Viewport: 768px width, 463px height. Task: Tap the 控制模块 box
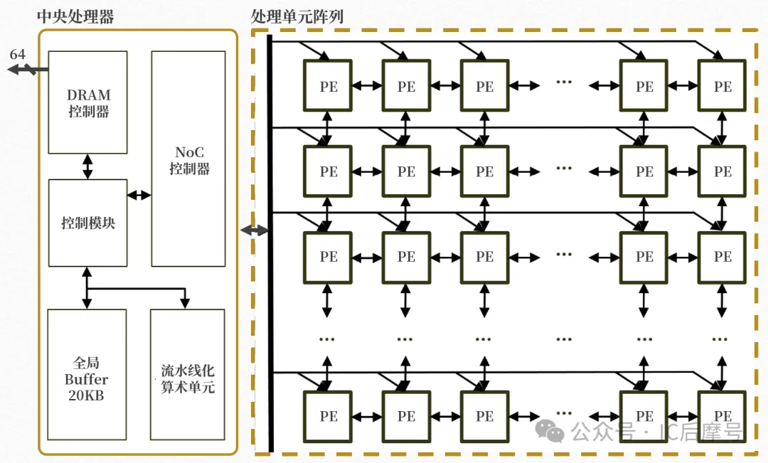[87, 223]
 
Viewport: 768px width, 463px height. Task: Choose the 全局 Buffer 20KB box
[87, 375]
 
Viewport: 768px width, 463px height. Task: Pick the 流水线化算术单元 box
[188, 375]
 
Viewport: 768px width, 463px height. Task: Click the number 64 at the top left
[17, 55]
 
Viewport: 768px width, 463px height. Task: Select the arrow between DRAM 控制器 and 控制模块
[87, 166]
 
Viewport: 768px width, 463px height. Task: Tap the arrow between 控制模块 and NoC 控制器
[139, 195]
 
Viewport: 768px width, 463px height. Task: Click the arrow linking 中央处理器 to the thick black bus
[255, 230]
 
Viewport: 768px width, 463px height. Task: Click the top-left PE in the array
[328, 86]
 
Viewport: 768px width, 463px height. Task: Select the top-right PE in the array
[722, 86]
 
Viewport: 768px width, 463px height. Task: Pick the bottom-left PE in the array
[328, 416]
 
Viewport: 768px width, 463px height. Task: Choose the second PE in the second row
[406, 171]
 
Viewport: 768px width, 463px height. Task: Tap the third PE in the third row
[484, 256]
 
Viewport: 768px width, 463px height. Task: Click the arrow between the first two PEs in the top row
[367, 86]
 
